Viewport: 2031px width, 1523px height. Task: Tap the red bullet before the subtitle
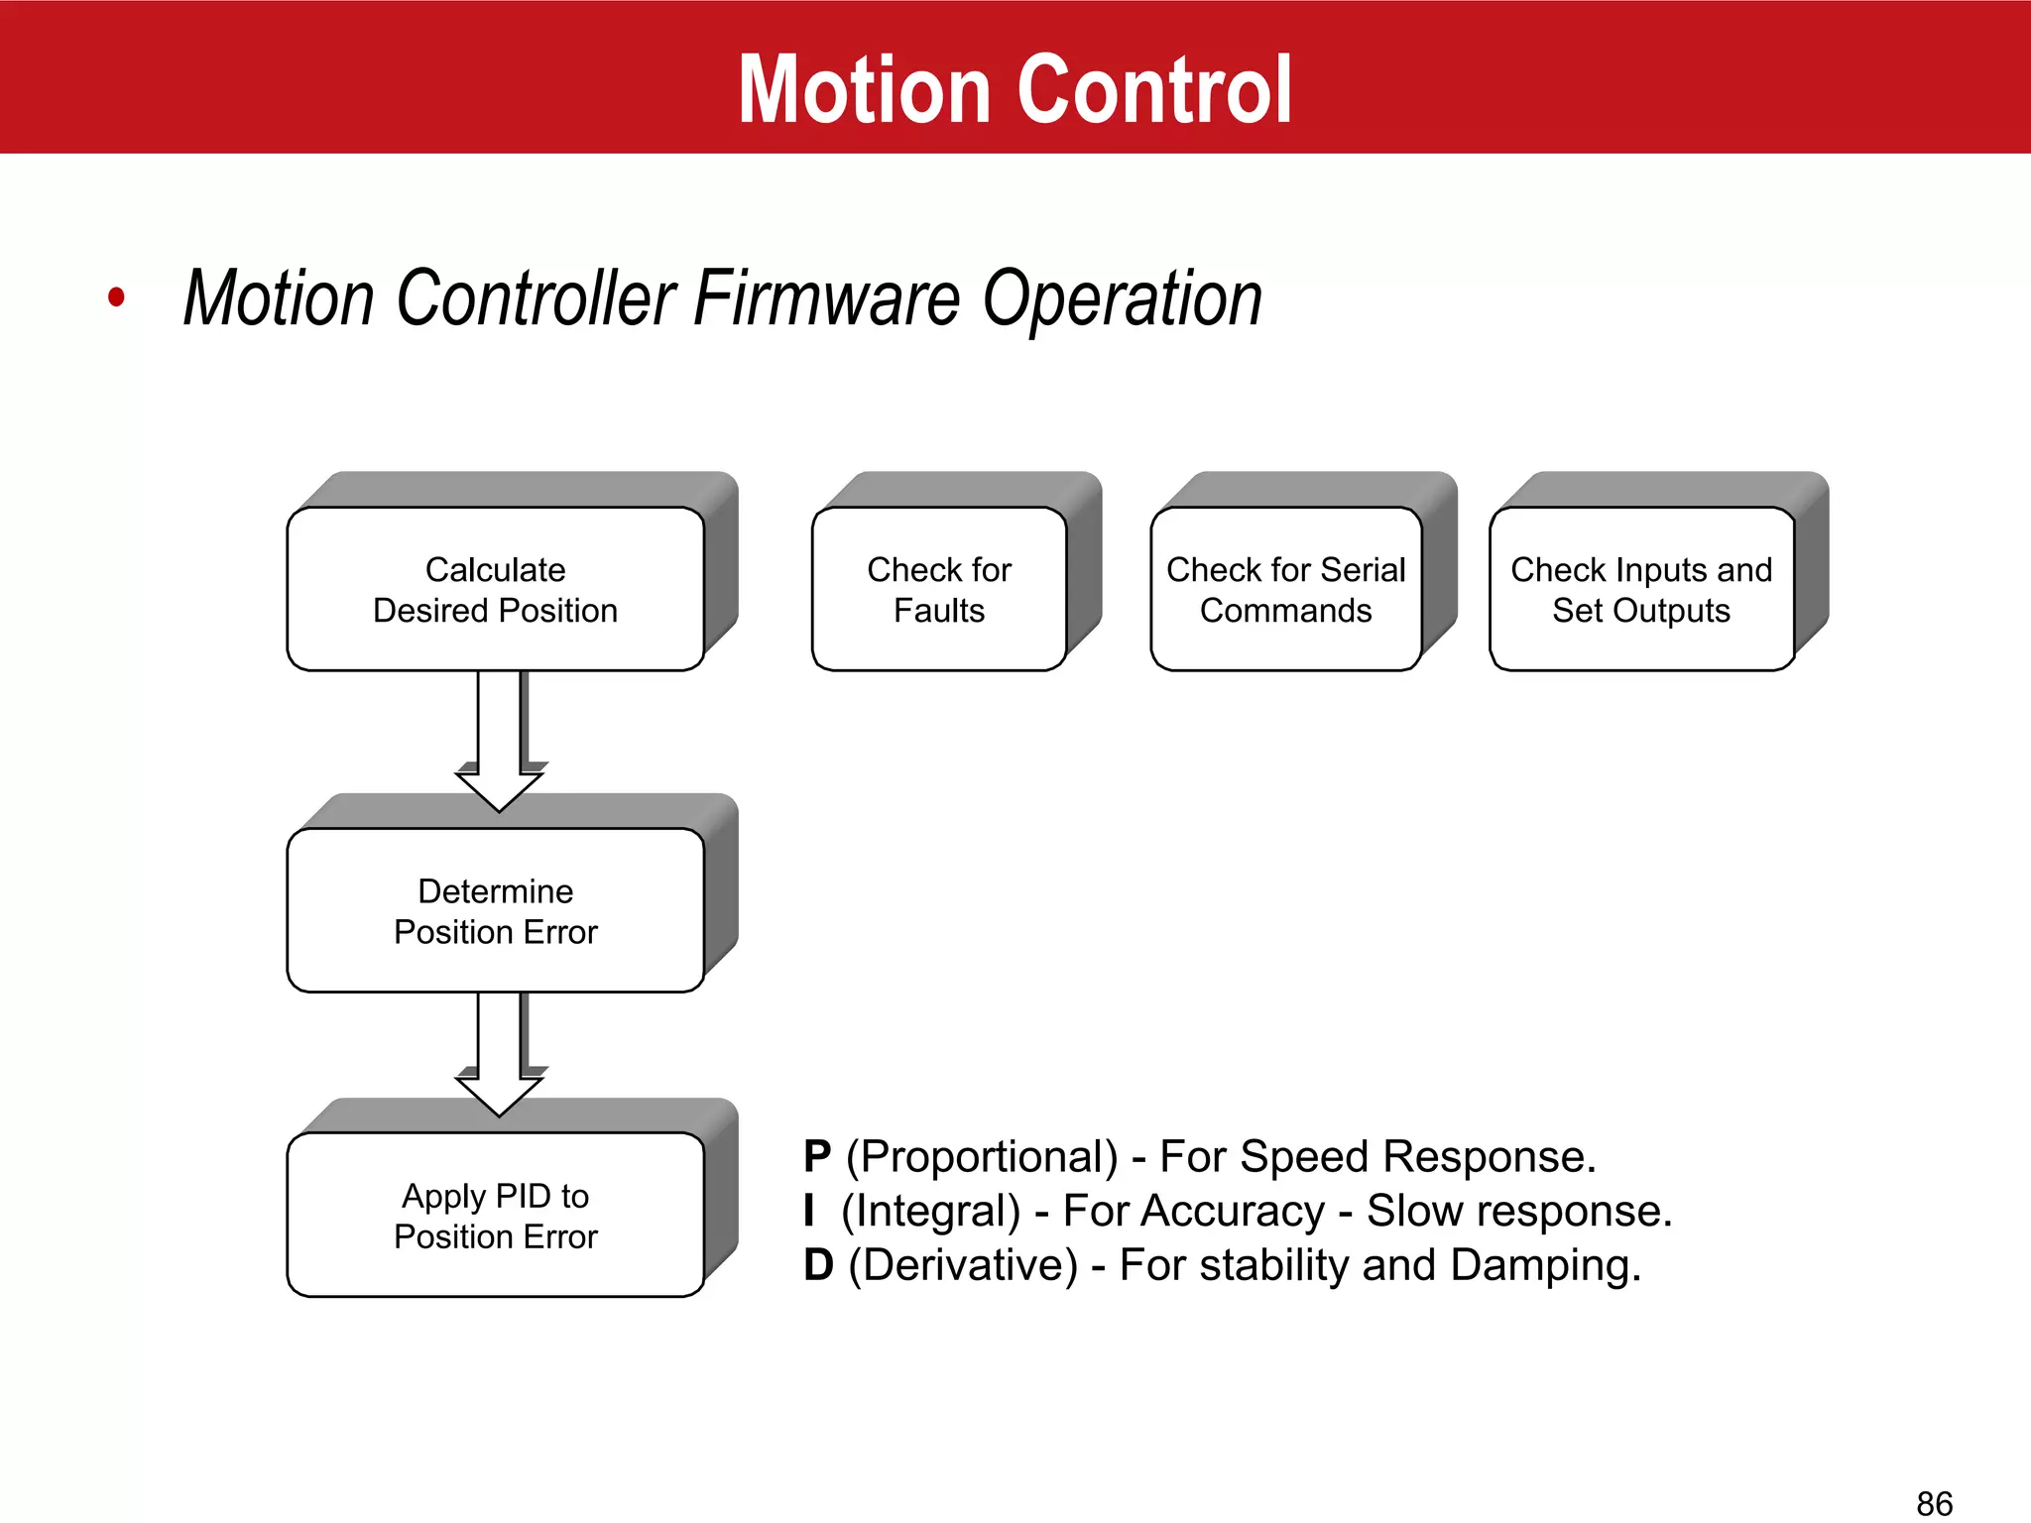click(117, 296)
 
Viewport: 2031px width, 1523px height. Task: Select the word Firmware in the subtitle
click(826, 297)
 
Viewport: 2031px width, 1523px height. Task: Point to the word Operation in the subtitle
click(1122, 299)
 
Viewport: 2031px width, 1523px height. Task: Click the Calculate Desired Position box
click(495, 589)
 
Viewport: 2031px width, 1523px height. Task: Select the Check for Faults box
click(938, 589)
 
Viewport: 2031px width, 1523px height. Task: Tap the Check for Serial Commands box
click(1285, 589)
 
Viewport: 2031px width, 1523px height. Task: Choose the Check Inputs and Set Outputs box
click(1640, 589)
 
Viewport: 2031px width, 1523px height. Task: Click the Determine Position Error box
click(495, 910)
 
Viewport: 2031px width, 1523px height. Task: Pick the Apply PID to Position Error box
click(495, 1215)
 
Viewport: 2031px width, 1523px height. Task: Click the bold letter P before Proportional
click(817, 1156)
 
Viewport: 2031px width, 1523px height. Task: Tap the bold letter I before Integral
click(809, 1211)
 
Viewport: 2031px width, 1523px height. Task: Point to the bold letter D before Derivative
click(818, 1265)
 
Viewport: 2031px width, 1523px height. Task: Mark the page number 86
click(1934, 1502)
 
